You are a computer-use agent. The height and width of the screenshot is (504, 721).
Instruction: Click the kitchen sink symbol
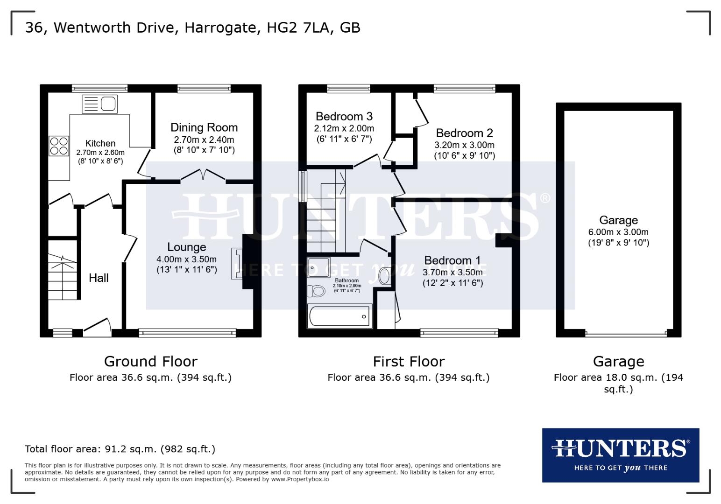(x=99, y=104)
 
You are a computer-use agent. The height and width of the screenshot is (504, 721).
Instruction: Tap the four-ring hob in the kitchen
(x=59, y=145)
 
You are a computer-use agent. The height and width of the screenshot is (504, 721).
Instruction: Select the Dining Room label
(x=204, y=127)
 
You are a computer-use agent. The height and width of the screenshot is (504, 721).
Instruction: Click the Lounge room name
(x=187, y=247)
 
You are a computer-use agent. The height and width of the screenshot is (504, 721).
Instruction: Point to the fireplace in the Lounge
(x=238, y=264)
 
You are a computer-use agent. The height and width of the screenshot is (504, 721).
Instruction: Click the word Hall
(x=99, y=278)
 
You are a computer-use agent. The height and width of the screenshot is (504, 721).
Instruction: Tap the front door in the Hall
(x=97, y=328)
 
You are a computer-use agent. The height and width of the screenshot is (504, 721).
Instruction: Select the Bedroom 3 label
(x=344, y=117)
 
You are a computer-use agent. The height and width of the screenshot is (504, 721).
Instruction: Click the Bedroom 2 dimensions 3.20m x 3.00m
(x=464, y=145)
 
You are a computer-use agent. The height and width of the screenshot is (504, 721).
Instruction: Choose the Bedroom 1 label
(x=452, y=260)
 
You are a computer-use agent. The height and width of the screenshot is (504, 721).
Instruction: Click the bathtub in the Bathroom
(x=339, y=317)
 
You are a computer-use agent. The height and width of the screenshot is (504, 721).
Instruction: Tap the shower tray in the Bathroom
(x=319, y=267)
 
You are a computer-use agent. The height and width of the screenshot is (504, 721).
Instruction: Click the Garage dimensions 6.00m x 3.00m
(x=618, y=232)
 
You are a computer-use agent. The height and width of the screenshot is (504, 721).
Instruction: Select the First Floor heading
(x=409, y=362)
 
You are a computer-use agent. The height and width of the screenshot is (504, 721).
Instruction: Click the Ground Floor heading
(x=150, y=362)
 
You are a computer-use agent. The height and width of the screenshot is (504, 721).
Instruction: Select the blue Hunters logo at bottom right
(x=620, y=455)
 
